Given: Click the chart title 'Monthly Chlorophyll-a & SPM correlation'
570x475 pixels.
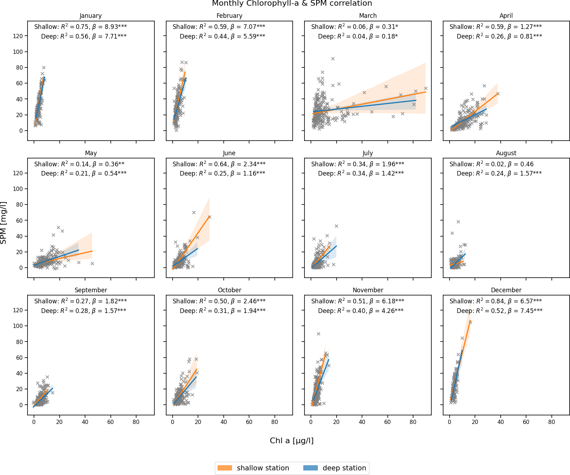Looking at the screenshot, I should [x=292, y=4].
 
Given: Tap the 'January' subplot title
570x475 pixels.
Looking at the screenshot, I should [x=90, y=16].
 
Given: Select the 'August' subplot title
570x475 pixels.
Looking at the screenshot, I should [x=506, y=153].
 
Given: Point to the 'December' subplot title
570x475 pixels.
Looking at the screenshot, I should [x=506, y=290].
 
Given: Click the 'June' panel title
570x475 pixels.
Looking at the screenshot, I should [x=229, y=153].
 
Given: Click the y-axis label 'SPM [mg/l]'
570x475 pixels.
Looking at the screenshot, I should [x=4, y=223].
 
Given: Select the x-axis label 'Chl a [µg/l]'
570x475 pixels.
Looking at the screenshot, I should [x=292, y=441].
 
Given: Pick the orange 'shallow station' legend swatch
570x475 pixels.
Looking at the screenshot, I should [x=224, y=468].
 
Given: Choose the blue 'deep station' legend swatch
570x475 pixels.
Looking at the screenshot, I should [x=310, y=468].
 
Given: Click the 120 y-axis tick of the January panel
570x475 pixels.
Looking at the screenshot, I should [x=18, y=36].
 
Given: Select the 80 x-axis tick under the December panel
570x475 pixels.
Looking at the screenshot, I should [x=551, y=422].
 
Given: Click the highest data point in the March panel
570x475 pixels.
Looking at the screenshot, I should [x=333, y=59].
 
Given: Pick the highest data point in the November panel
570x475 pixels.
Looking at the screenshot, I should [x=318, y=334].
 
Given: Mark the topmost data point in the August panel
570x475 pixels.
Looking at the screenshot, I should [x=458, y=222].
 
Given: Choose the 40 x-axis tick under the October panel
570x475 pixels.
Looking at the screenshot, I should [x=224, y=422].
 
